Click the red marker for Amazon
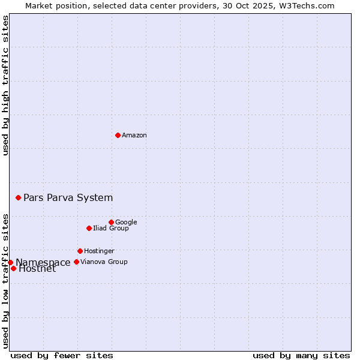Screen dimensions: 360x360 coord(118,135)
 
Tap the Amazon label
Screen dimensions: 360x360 coord(134,136)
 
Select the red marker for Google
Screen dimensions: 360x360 coord(111,222)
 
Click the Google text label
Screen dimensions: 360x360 coord(126,223)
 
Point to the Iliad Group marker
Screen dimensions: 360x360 coord(89,228)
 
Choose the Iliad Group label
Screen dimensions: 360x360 coord(111,229)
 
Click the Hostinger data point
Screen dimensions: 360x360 coord(80,251)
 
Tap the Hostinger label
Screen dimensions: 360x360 coord(99,251)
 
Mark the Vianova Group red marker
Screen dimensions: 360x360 coord(76,262)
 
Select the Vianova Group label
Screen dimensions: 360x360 coord(104,262)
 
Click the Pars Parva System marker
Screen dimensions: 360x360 coord(18,197)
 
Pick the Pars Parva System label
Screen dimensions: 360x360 coord(68,198)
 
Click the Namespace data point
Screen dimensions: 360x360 coord(10,262)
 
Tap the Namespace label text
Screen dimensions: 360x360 coord(43,263)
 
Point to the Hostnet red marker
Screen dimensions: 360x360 coord(13,268)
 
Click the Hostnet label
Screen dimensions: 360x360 coord(37,269)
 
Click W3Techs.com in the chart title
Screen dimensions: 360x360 coord(309,5)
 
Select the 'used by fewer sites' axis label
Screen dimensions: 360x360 coord(62,355)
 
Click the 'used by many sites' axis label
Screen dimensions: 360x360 coord(301,355)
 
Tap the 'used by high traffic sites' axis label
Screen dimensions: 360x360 coord(5,85)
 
